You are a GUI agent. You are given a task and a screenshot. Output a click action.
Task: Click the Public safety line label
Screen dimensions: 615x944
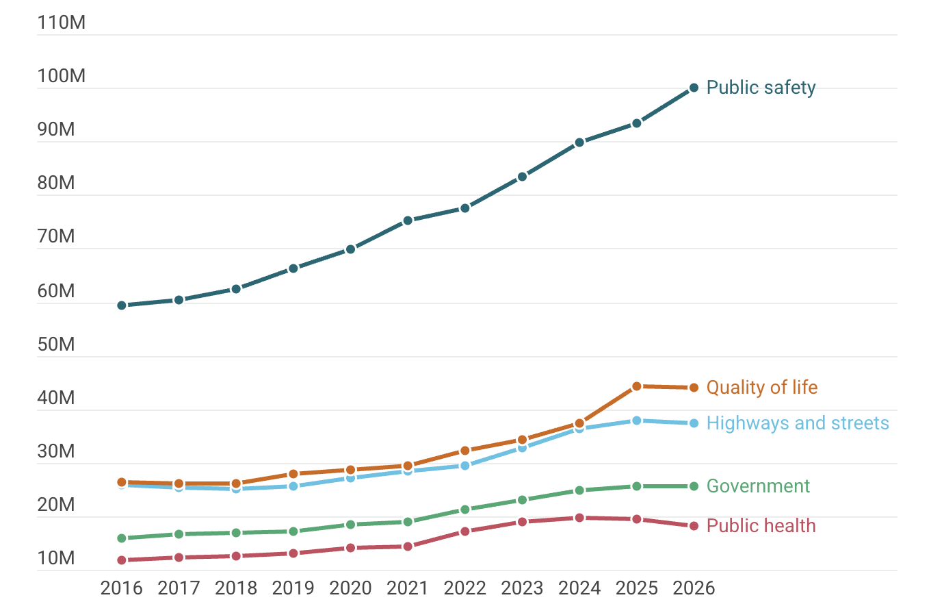tap(761, 88)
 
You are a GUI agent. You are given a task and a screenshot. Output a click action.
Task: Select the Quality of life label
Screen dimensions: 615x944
tap(761, 388)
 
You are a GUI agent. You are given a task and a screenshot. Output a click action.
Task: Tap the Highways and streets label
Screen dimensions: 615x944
tap(798, 423)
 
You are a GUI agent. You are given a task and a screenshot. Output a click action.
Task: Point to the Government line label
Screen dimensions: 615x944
tap(758, 486)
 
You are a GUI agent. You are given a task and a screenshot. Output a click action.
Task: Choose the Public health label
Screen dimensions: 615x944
tap(761, 526)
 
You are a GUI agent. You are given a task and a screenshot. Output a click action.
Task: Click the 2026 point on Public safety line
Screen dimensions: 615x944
tap(694, 88)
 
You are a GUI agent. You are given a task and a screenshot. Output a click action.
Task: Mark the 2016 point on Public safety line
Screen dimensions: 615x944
tap(122, 305)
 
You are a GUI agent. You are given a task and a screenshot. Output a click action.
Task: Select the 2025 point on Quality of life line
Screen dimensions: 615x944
tap(637, 386)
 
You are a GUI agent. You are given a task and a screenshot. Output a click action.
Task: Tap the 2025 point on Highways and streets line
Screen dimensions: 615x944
tap(637, 421)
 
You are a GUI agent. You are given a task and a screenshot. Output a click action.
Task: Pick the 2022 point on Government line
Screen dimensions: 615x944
tap(465, 510)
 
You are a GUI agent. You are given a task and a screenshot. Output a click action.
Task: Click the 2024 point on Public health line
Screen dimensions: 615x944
tap(579, 518)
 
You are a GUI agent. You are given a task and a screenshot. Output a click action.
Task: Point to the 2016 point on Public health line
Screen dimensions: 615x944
tap(122, 560)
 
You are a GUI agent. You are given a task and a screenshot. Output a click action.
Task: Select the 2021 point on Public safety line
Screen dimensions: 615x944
tap(408, 221)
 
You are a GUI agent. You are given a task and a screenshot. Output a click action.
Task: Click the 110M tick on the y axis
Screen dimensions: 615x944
tap(62, 23)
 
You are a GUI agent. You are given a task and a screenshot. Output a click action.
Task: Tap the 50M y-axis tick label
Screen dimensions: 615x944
tap(56, 344)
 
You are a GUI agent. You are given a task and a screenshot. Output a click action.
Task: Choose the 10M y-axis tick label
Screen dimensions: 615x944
tap(56, 558)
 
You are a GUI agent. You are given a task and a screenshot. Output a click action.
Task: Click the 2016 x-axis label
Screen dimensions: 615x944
tap(122, 588)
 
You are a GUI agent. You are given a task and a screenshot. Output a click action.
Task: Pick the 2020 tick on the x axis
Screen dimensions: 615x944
tap(350, 588)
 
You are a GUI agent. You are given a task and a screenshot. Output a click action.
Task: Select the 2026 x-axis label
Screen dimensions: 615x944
tap(694, 588)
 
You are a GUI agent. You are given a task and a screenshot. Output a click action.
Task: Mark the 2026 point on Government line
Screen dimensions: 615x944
tap(694, 486)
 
